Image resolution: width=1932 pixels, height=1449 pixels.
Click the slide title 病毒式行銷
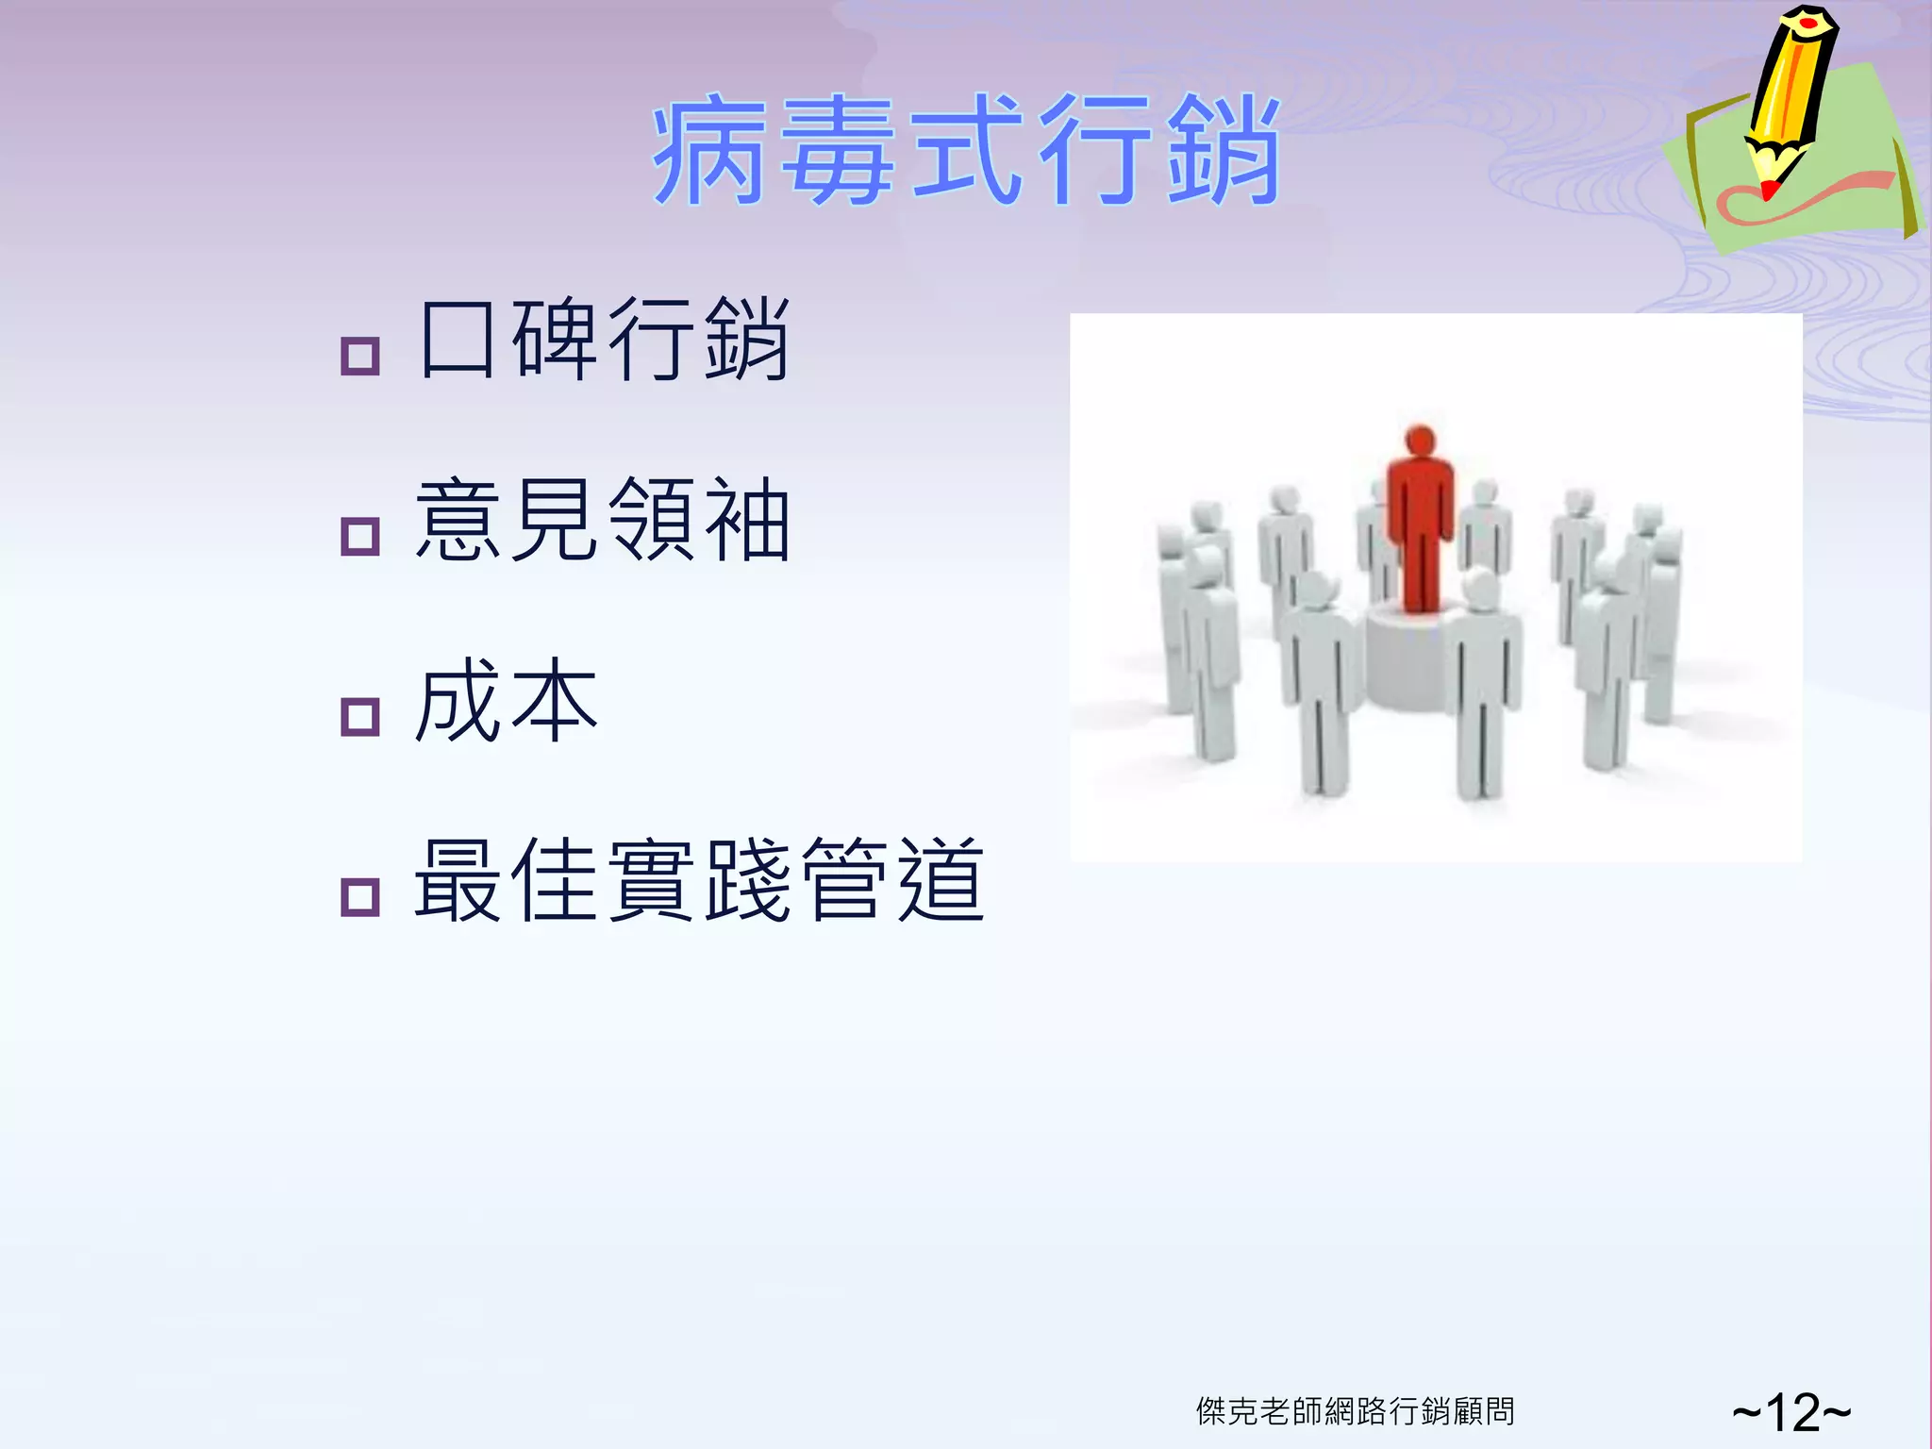coord(966,151)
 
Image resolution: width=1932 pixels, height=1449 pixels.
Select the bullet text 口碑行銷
coord(604,340)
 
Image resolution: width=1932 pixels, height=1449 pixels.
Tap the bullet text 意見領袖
coord(604,520)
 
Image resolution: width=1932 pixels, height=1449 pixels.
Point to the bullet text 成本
coord(507,700)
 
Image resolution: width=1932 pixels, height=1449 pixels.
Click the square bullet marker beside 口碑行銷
coord(359,356)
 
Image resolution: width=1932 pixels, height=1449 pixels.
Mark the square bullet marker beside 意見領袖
coord(359,536)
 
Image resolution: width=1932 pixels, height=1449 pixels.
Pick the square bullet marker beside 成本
coord(359,716)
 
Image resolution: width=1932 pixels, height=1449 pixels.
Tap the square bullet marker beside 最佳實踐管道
coord(359,896)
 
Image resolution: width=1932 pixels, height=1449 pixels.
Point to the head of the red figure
coord(1420,441)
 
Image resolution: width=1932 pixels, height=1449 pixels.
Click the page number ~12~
coord(1790,1412)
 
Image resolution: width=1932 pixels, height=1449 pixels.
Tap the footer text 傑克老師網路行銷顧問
coord(1355,1411)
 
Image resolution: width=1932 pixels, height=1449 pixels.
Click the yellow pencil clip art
coord(1790,94)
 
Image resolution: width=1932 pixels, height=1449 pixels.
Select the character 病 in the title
coord(709,151)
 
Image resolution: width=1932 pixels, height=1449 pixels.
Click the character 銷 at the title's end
coord(1224,151)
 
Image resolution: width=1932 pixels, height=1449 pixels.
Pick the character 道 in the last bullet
coord(941,880)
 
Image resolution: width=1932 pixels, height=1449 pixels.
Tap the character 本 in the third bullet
coord(555,700)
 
